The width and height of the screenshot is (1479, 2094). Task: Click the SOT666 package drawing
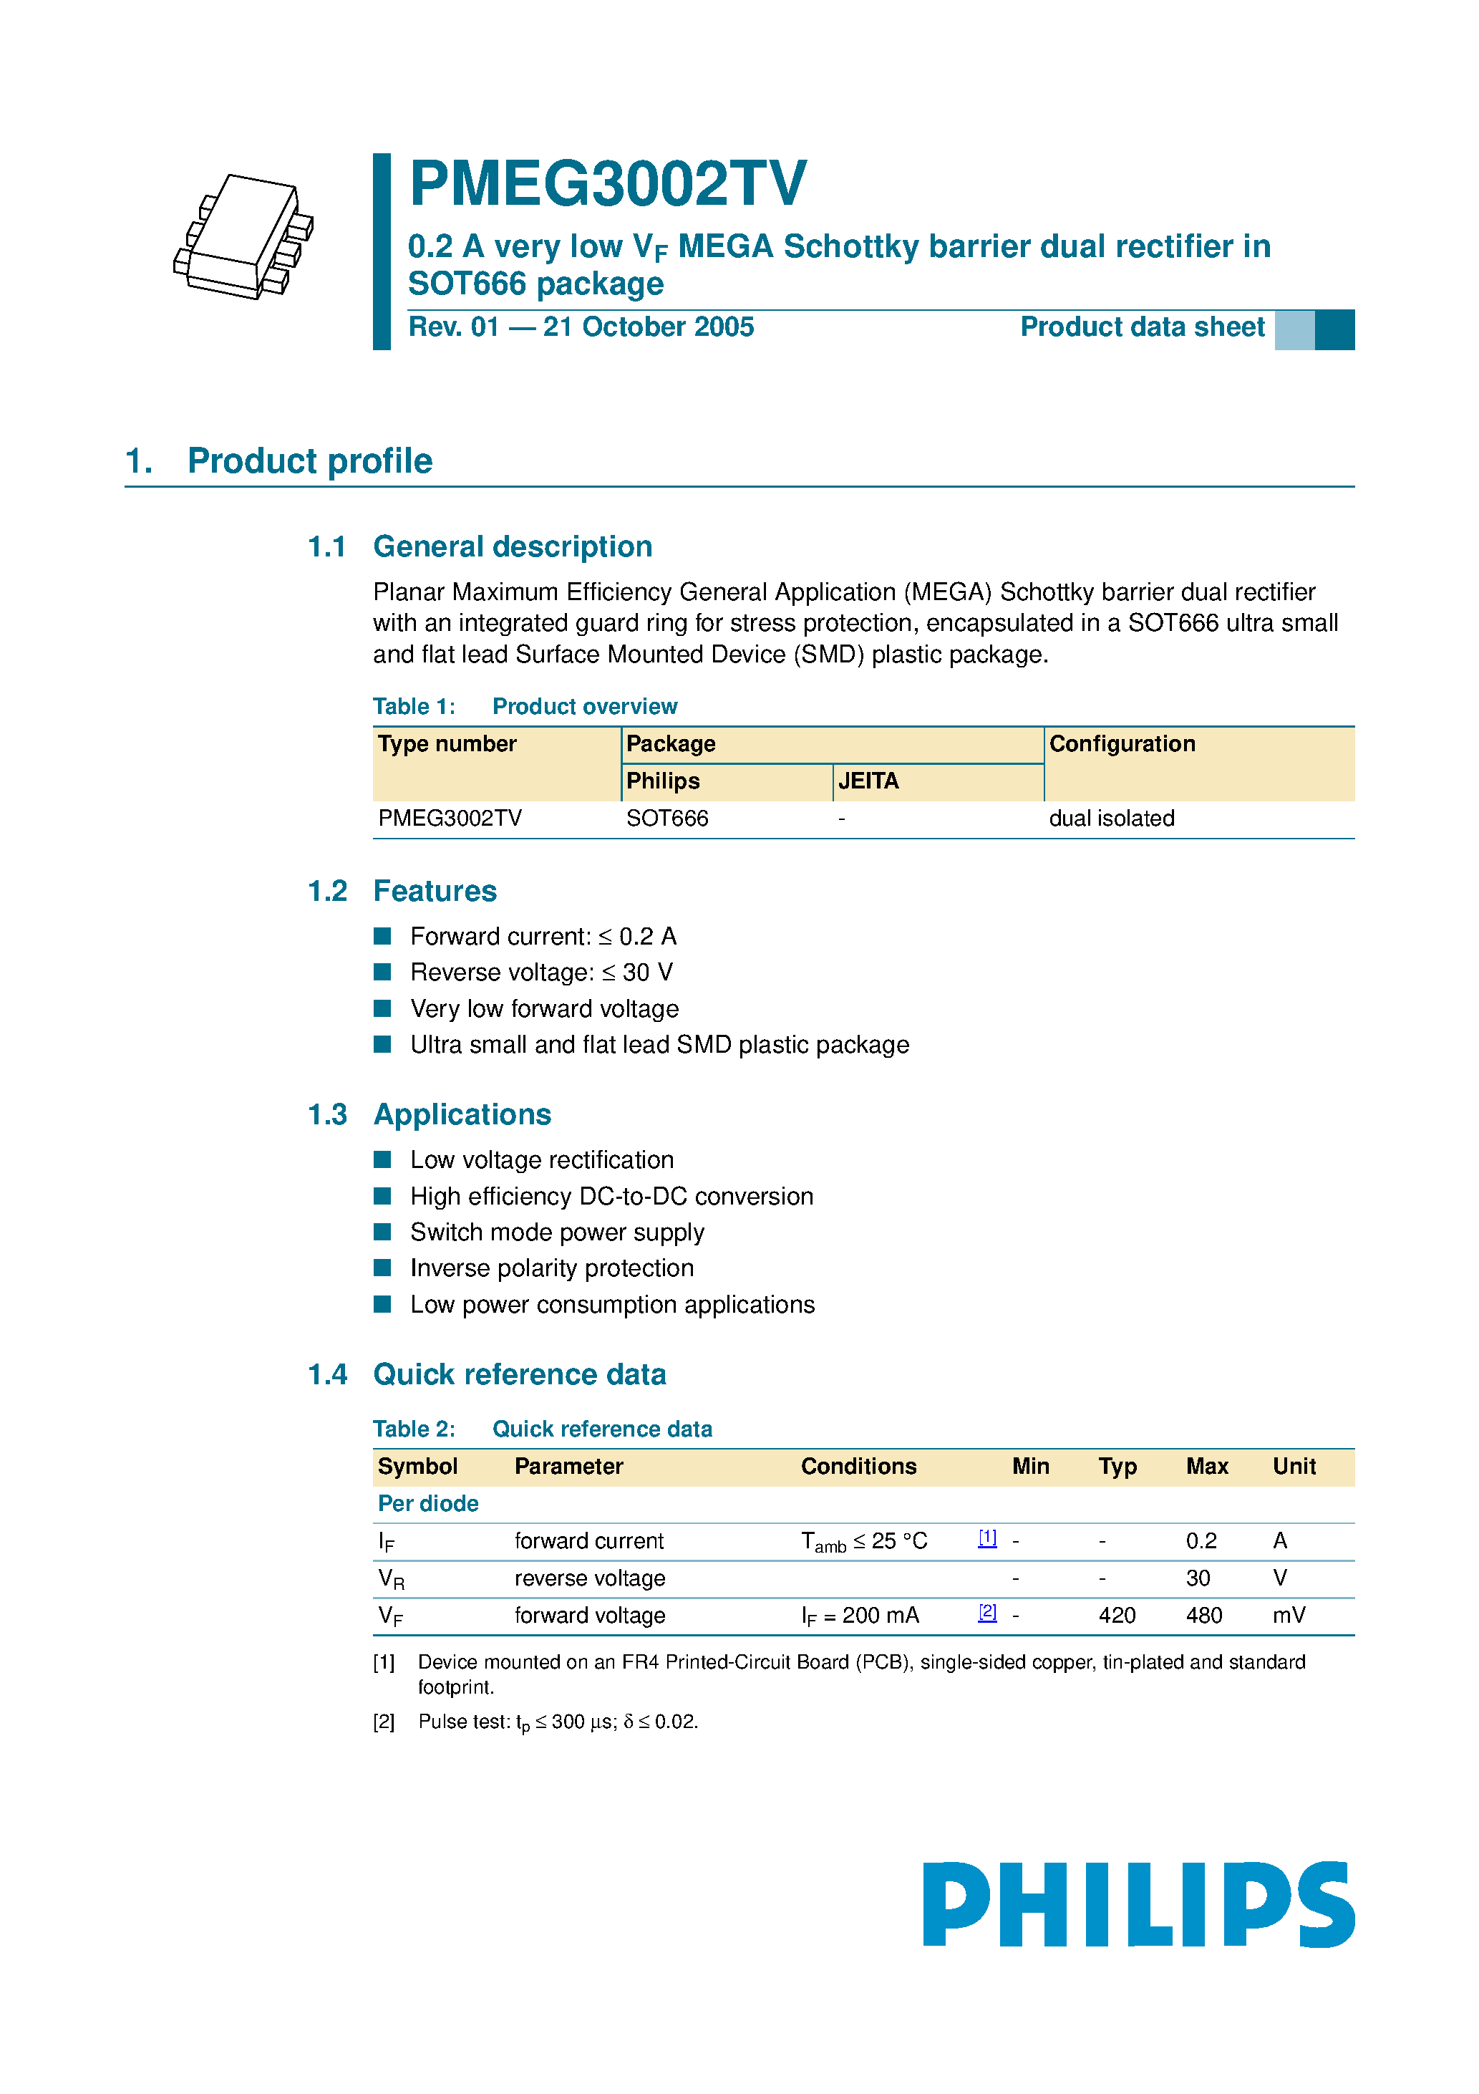[244, 237]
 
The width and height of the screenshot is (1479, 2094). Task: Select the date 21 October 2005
[649, 327]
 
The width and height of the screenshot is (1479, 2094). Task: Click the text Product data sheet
[1142, 327]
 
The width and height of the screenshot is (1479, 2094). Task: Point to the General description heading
[513, 547]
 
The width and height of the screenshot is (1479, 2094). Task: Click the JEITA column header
[868, 781]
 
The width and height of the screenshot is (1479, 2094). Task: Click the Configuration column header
[1122, 744]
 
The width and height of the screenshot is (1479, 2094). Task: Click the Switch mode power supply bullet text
[556, 1232]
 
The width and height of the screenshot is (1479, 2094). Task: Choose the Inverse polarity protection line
[552, 1268]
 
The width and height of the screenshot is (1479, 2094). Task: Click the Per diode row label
[427, 1504]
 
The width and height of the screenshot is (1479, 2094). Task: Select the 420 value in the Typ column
[1116, 1616]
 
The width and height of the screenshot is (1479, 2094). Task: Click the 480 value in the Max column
[1203, 1616]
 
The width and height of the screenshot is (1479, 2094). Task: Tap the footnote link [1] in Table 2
[986, 1538]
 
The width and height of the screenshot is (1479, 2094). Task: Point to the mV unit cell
[1289, 1616]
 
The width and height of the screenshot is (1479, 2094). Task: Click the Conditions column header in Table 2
[858, 1467]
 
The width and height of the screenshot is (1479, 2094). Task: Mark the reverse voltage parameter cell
[589, 1578]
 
